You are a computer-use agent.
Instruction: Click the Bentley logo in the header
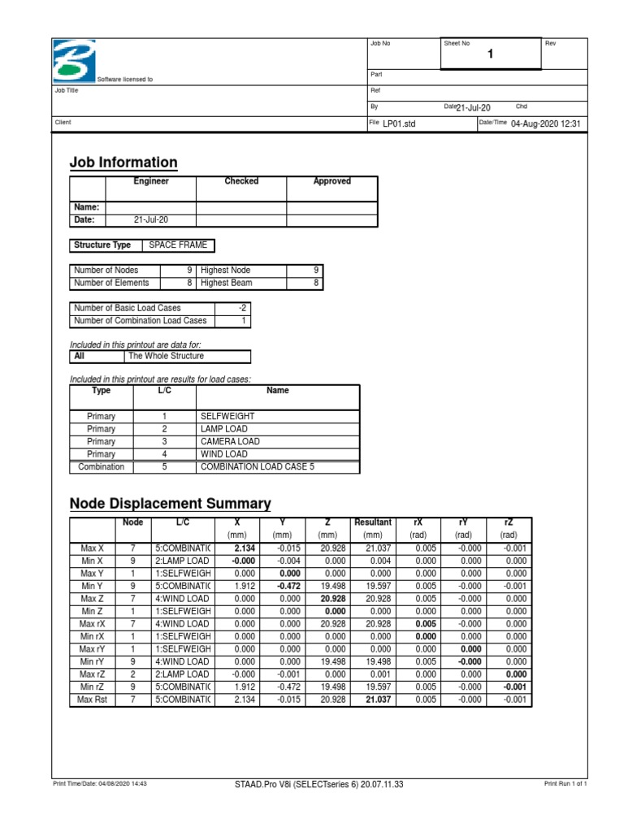tap(72, 59)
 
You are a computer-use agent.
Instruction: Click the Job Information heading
tap(123, 162)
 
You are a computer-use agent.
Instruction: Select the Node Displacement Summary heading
tap(170, 503)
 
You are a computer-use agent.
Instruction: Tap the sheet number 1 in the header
tap(490, 54)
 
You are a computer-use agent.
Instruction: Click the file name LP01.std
tap(399, 123)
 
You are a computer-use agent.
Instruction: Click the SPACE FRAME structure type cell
tap(178, 245)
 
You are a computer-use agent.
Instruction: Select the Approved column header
tap(331, 182)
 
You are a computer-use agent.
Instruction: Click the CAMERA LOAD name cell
tap(230, 442)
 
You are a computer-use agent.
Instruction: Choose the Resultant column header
tap(373, 522)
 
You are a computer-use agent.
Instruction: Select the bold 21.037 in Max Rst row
tap(378, 699)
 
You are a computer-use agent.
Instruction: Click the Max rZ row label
tap(92, 674)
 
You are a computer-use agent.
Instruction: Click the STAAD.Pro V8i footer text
tap(318, 784)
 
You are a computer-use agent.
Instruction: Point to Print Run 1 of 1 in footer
tap(565, 784)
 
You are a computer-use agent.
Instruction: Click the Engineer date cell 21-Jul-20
tap(151, 220)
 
